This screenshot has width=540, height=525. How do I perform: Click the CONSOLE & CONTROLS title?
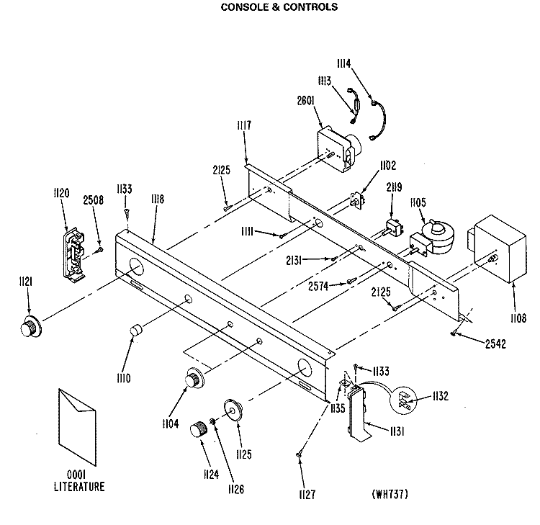point(279,7)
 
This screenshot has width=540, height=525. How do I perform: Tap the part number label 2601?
point(306,101)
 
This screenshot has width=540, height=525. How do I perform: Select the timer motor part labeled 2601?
point(339,148)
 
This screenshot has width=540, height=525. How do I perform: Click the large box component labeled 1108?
point(497,248)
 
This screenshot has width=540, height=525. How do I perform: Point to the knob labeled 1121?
point(30,326)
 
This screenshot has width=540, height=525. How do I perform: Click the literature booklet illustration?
point(77,427)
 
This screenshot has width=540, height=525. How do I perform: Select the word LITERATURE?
point(79,486)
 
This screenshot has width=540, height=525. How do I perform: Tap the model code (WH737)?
point(390,494)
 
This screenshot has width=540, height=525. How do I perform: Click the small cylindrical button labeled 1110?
point(135,330)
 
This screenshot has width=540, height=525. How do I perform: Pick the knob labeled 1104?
point(194,378)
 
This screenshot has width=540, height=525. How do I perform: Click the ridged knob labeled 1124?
point(199,429)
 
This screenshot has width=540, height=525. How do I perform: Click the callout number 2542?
point(495,344)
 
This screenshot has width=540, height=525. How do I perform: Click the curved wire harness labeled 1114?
point(378,120)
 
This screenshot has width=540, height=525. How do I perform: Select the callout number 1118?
point(158,199)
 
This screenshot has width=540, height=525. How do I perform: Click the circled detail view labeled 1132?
point(403,400)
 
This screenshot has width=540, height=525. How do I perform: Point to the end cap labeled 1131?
point(359,414)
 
